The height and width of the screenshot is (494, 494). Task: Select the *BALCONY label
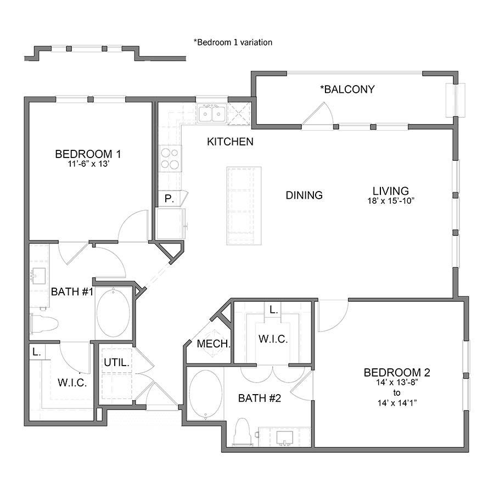click(347, 89)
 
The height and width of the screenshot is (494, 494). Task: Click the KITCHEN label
click(230, 142)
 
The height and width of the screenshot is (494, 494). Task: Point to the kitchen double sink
click(212, 114)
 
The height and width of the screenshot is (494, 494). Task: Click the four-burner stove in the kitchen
click(170, 158)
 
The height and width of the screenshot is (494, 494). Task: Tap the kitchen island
click(244, 206)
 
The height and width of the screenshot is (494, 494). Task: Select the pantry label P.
click(169, 199)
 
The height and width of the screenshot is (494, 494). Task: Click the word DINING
click(304, 195)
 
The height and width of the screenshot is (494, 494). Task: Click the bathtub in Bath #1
click(114, 313)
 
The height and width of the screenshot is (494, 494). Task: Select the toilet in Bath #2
click(242, 432)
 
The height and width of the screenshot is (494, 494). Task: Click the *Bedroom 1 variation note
click(233, 42)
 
